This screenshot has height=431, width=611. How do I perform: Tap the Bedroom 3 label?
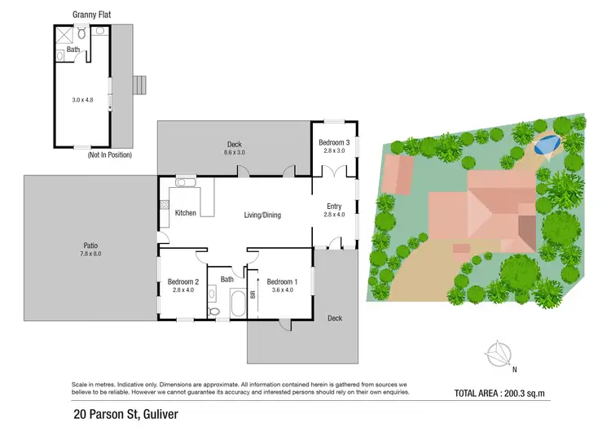tap(335, 142)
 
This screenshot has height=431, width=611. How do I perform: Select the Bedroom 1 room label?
tap(282, 282)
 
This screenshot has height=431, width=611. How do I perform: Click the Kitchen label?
tap(187, 213)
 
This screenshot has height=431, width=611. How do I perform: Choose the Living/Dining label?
tap(262, 215)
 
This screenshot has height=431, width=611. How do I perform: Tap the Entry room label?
tap(334, 206)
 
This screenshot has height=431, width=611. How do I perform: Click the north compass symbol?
tap(496, 355)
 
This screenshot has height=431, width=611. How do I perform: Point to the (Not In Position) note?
tap(109, 155)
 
